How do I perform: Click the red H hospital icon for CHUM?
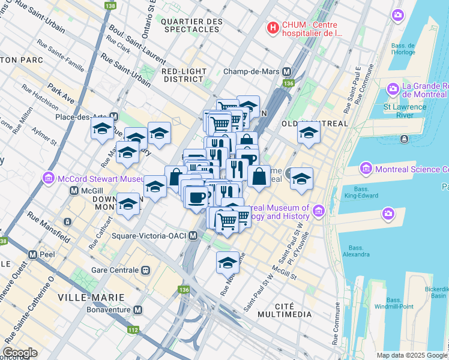click(273, 28)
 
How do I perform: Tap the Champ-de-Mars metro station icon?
click(287, 71)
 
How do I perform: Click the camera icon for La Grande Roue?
click(394, 89)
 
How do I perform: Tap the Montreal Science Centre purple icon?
click(365, 169)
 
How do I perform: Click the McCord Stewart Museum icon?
click(49, 178)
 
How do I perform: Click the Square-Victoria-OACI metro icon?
click(193, 236)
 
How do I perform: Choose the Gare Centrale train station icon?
click(146, 270)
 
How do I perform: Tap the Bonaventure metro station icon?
click(138, 310)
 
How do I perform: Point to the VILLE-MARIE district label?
click(91, 298)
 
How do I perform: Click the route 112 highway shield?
click(131, 329)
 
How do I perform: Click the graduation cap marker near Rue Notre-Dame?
click(228, 263)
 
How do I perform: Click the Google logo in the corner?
click(20, 353)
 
